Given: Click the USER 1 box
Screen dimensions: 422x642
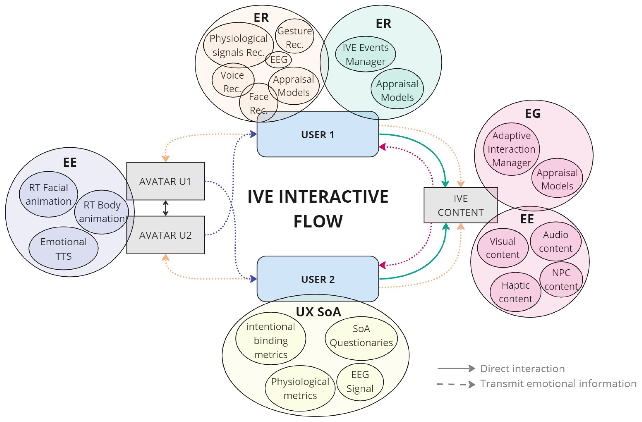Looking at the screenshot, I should tap(318, 134).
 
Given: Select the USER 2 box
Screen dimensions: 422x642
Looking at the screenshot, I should tap(318, 279).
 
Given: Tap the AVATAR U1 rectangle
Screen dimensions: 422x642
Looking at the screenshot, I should tap(165, 181).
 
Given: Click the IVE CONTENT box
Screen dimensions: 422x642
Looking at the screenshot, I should tap(461, 205).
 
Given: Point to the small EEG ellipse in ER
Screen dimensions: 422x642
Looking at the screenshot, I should tap(278, 60).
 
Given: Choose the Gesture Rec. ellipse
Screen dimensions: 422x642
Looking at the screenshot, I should tap(295, 37).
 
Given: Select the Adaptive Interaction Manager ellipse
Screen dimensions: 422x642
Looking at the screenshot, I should tap(511, 149).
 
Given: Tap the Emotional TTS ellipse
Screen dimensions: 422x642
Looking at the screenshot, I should tap(63, 248).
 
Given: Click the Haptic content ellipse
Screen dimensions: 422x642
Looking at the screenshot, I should tap(515, 292).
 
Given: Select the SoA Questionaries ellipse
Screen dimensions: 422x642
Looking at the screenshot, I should tap(361, 335).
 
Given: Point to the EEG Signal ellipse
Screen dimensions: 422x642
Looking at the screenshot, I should tap(360, 381).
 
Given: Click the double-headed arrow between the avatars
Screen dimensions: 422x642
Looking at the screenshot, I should tap(166, 208).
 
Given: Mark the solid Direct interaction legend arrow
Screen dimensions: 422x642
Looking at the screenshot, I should tap(456, 368).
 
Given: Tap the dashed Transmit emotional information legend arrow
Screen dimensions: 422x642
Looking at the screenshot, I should tap(456, 384).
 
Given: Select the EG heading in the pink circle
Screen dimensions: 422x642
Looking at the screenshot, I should tap(533, 113).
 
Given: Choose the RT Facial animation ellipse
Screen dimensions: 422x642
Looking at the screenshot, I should tap(48, 194).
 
